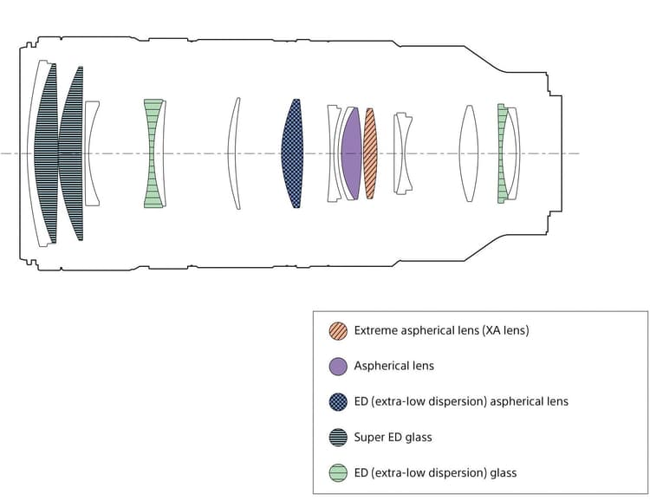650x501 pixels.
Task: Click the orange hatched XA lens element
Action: (370, 153)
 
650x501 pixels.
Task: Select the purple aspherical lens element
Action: (352, 153)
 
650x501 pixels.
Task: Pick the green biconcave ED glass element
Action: (153, 153)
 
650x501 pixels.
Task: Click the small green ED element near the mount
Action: (501, 153)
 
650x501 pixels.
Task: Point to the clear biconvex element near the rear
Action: (469, 153)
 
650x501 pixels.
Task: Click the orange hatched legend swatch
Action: (338, 330)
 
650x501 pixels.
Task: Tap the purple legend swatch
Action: (338, 366)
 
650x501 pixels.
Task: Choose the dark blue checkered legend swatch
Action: (338, 401)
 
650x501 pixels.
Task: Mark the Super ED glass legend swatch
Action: (338, 437)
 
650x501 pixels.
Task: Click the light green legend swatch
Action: (338, 472)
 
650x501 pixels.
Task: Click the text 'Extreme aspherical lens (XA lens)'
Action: (441, 330)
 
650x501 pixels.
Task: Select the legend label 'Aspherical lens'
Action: (393, 366)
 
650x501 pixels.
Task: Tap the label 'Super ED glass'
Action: (393, 437)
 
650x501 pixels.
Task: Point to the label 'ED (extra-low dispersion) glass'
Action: (435, 472)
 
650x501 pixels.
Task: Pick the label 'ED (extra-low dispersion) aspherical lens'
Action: (461, 401)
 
